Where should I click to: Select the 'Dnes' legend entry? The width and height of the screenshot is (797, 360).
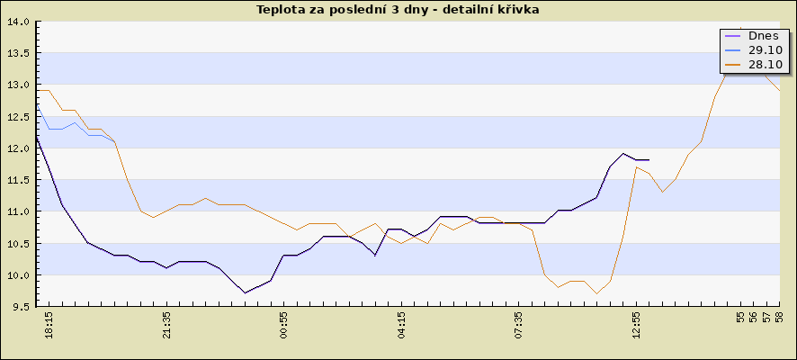pos(756,36)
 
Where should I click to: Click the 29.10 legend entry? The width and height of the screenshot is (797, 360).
pos(756,49)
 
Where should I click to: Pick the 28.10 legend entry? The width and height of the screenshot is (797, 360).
pos(756,65)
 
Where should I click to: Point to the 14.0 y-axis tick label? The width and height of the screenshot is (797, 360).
pos(18,22)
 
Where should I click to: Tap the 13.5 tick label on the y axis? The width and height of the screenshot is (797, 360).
pos(18,53)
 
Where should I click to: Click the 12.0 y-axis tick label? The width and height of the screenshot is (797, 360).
pos(18,148)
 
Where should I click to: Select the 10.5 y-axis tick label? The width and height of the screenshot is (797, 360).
pos(18,244)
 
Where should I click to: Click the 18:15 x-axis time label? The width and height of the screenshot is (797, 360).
pos(49,326)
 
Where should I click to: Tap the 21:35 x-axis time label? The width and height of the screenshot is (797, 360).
pos(166,326)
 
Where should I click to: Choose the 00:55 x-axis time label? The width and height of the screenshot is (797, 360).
pos(284,326)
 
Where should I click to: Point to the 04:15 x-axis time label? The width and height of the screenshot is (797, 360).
pos(401,326)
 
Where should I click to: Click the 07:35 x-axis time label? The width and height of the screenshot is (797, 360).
pos(519,326)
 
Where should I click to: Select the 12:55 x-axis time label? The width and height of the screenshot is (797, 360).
pos(636,326)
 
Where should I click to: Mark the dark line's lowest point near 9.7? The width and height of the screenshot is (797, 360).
pos(245,292)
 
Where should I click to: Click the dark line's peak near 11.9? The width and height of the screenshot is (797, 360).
pos(623,153)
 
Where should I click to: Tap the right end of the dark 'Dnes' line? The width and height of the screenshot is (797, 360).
pos(649,159)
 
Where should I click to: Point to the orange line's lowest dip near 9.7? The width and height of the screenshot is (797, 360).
pos(596,293)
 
